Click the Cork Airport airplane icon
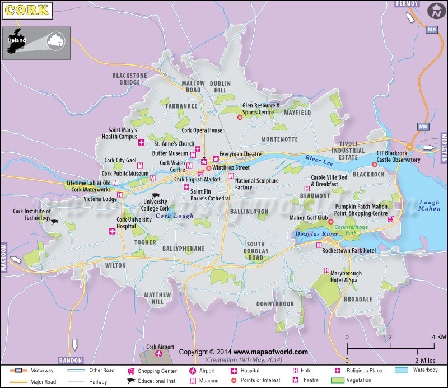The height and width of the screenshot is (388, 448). pyautogui.click(x=159, y=354)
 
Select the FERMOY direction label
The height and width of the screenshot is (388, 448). pyautogui.click(x=407, y=3)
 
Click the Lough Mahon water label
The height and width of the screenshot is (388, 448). pyautogui.click(x=429, y=205)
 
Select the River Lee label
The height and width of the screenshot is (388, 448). pyautogui.click(x=318, y=160)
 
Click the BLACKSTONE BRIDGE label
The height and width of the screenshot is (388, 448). pyautogui.click(x=129, y=79)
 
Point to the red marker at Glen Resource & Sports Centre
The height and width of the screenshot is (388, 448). pyautogui.click(x=240, y=117)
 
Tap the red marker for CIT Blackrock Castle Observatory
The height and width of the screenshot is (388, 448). pyautogui.click(x=375, y=165)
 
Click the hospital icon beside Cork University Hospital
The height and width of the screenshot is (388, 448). pyautogui.click(x=112, y=231)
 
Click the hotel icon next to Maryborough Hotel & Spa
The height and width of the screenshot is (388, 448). pyautogui.click(x=326, y=270)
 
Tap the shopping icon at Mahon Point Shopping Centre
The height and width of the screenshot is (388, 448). pyautogui.click(x=390, y=219)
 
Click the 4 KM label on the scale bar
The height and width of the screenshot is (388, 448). pyautogui.click(x=439, y=336)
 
